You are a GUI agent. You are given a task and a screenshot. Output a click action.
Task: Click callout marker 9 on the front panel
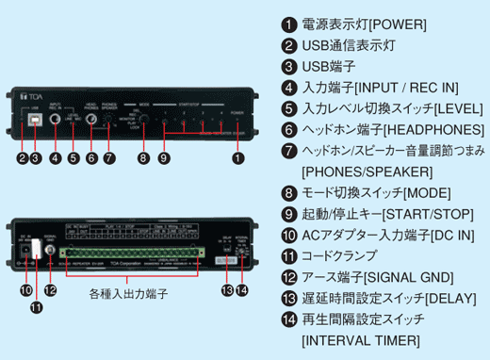coord(164,159)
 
